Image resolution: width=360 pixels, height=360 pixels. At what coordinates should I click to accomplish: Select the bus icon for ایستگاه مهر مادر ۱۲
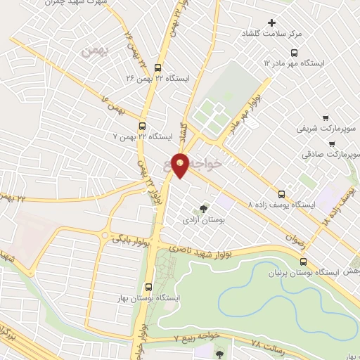pos(295,52)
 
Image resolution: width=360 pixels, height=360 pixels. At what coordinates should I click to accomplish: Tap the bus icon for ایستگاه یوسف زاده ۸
pos(282,193)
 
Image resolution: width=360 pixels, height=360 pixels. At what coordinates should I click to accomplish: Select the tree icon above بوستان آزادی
pos(203,209)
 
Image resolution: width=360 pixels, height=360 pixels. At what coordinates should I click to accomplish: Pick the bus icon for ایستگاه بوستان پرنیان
pos(303,262)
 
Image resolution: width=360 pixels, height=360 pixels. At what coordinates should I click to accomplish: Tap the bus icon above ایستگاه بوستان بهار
pos(148,287)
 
